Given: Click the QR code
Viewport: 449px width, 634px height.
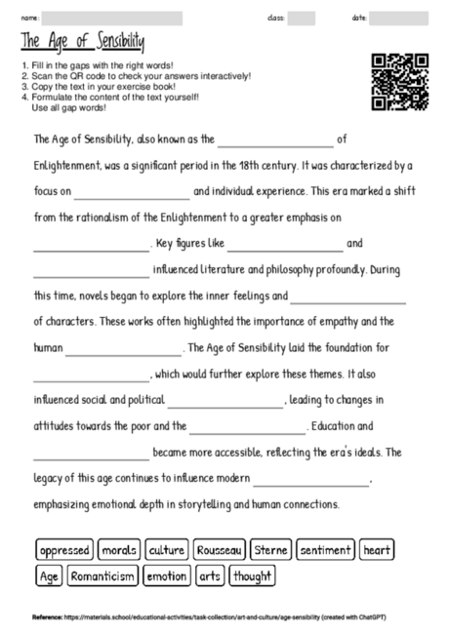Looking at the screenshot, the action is coord(400,81).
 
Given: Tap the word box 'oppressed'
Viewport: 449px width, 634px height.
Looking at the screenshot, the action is coord(65,550).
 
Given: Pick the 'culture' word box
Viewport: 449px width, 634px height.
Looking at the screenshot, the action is coord(166,550).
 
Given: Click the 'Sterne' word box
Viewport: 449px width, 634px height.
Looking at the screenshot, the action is coord(270,550).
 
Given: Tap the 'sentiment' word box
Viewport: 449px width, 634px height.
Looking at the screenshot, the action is coord(325,550).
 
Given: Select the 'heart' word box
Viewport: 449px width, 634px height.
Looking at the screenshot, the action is coord(377,550).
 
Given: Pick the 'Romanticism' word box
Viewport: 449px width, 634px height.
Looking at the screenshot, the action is coord(102,576).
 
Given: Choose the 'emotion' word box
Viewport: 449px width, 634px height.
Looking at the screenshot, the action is coord(166,576).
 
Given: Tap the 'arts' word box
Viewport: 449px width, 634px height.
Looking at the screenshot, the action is coord(210,576).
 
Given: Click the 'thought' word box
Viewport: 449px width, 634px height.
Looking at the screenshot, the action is coord(252,576).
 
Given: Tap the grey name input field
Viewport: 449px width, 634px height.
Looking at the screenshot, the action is coord(112,18).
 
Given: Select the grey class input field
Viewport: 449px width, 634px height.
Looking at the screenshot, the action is coord(302,18).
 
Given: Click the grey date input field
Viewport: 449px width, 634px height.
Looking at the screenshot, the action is coord(398,18).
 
